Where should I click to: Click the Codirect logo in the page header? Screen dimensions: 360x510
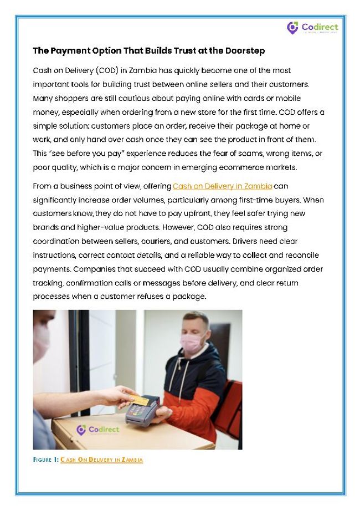(x=312, y=27)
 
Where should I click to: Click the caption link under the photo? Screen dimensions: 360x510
(x=101, y=460)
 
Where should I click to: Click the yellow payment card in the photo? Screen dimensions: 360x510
(x=138, y=399)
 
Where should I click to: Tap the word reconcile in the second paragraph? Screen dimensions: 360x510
(x=299, y=255)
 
